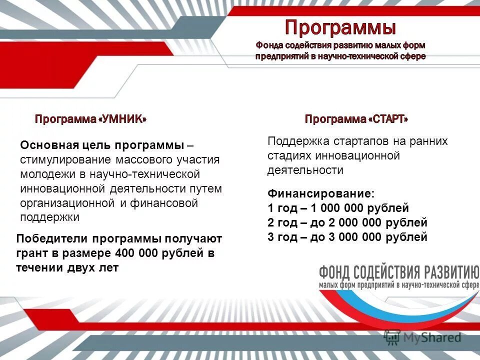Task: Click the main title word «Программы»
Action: click(340, 27)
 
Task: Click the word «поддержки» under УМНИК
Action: click(50, 217)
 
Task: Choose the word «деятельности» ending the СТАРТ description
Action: click(305, 170)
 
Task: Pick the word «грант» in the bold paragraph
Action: click(32, 253)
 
